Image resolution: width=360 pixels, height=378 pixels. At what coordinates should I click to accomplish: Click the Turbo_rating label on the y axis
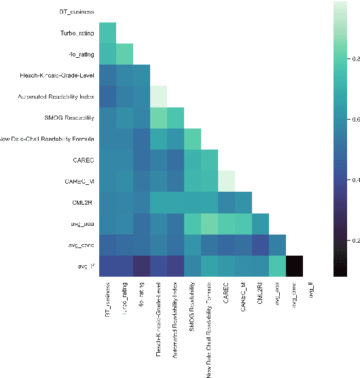tap(76, 33)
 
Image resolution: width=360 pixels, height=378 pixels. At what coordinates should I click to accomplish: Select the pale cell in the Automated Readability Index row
tap(158, 97)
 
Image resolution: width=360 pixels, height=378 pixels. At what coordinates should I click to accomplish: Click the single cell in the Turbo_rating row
tap(107, 33)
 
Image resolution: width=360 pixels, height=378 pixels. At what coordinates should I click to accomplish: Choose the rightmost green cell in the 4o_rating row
tap(124, 54)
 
